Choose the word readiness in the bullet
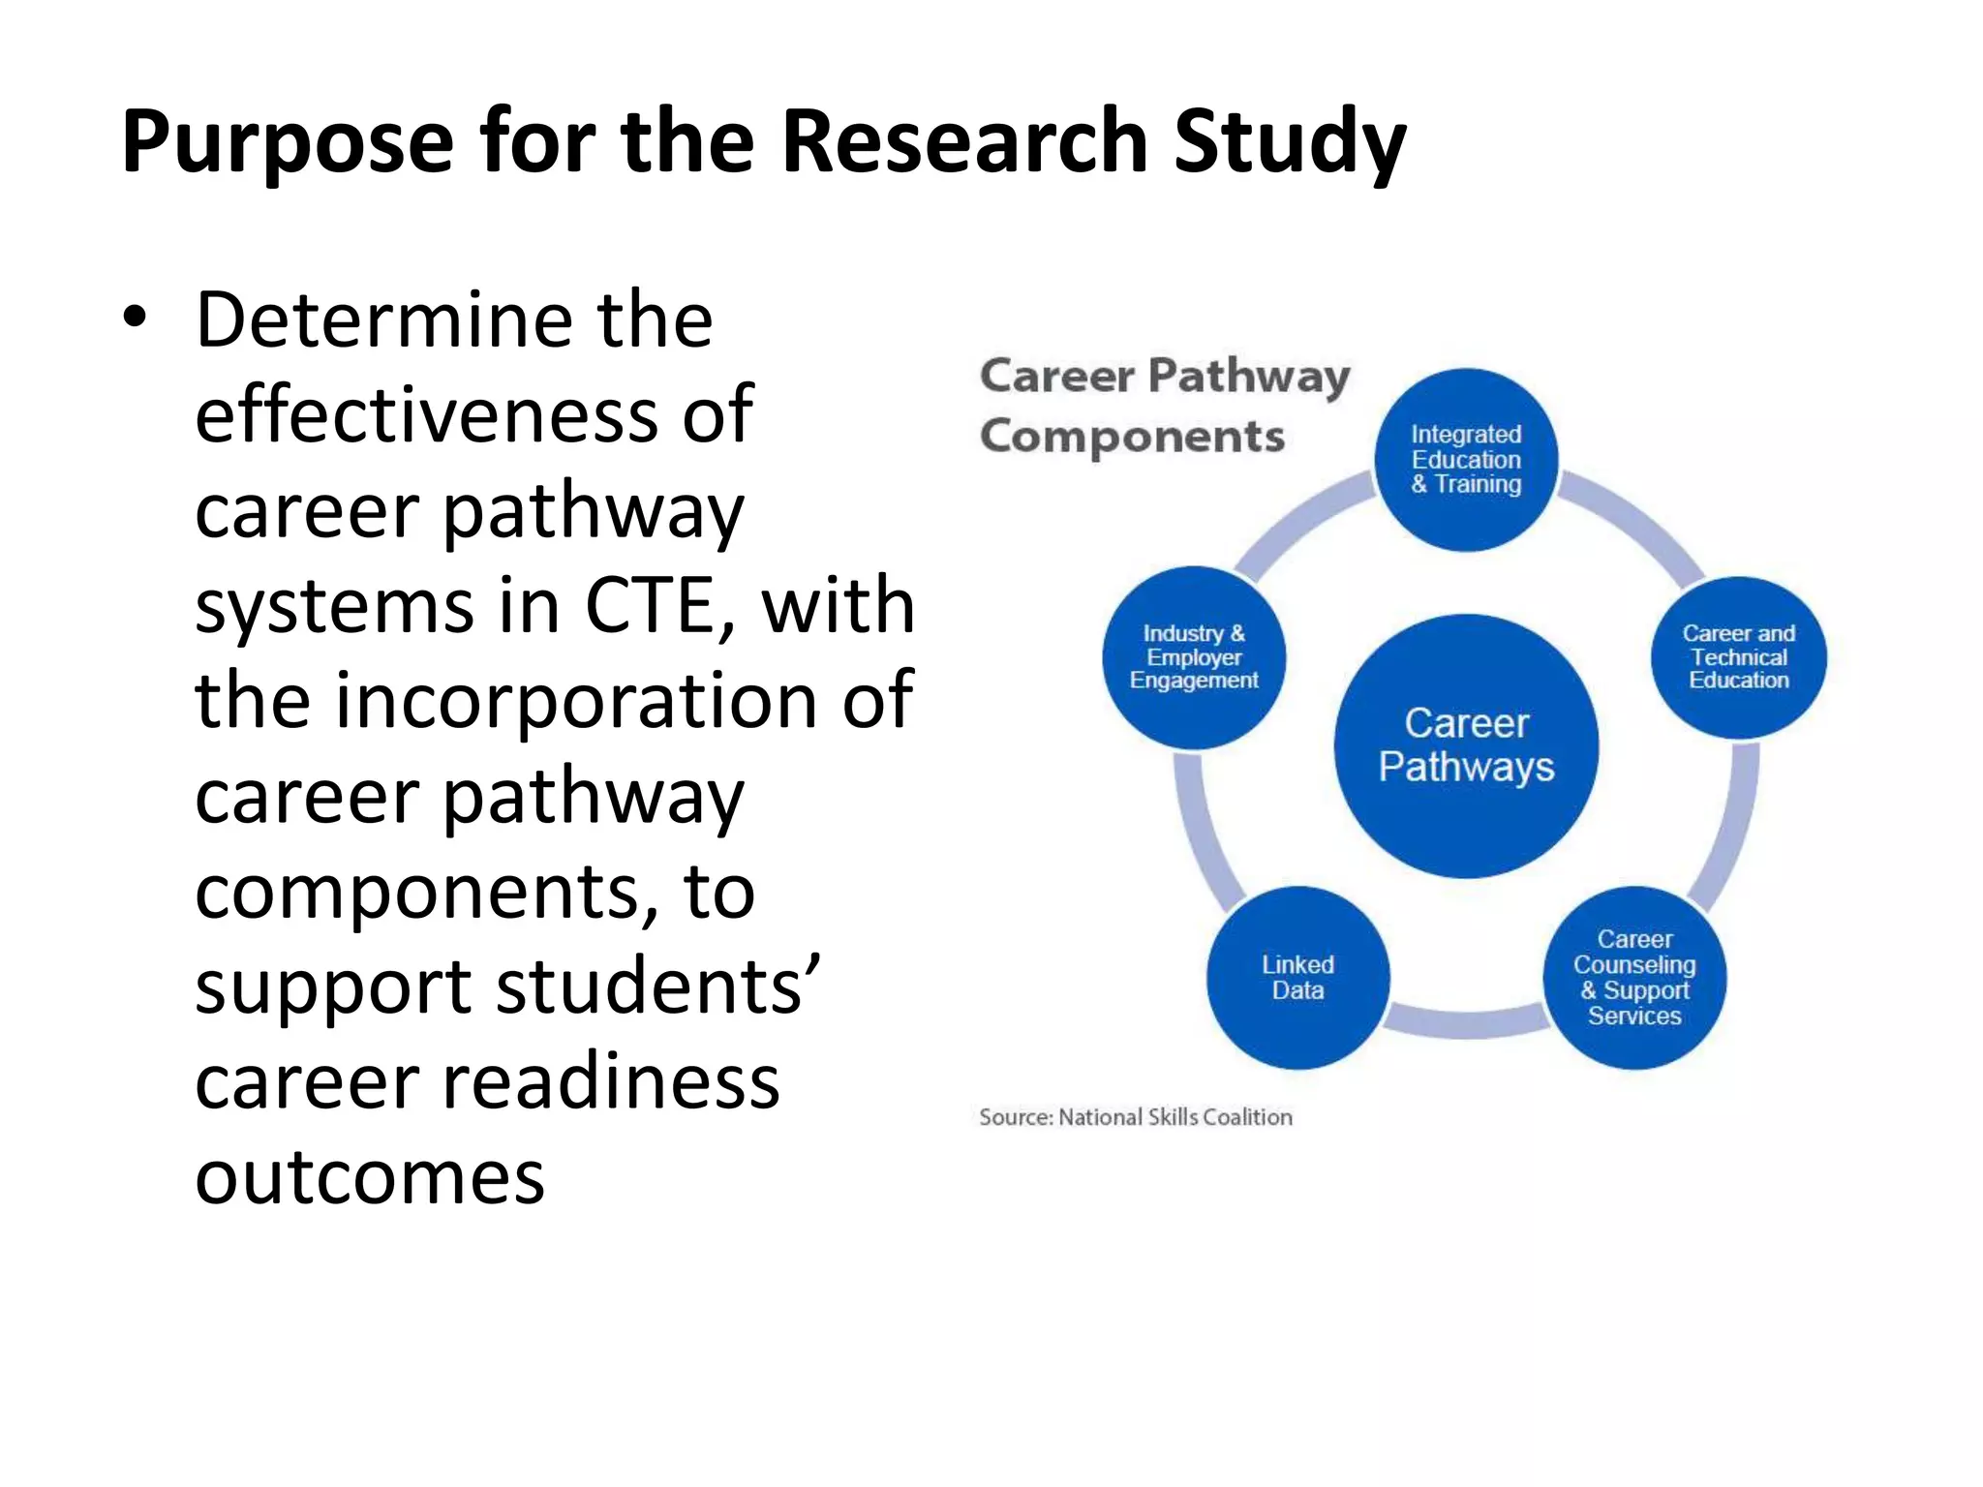pos(610,1081)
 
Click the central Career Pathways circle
pos(1466,745)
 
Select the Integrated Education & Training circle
pos(1466,459)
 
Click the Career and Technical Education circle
pos(1738,657)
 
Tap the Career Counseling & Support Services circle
pos(1634,977)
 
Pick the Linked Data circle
pos(1297,977)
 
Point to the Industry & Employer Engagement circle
pos(1194,657)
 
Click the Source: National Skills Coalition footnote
pos(1136,1117)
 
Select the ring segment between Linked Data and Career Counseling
pos(1466,1022)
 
